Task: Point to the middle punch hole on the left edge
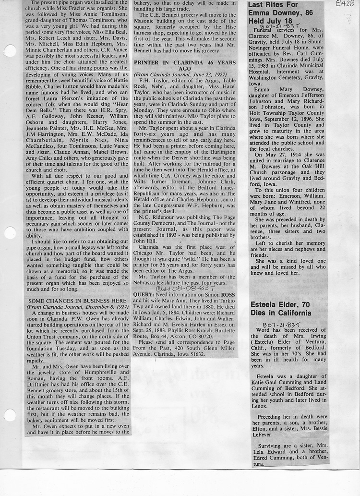9,233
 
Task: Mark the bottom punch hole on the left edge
9,414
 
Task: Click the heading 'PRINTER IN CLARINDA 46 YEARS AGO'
185,66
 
